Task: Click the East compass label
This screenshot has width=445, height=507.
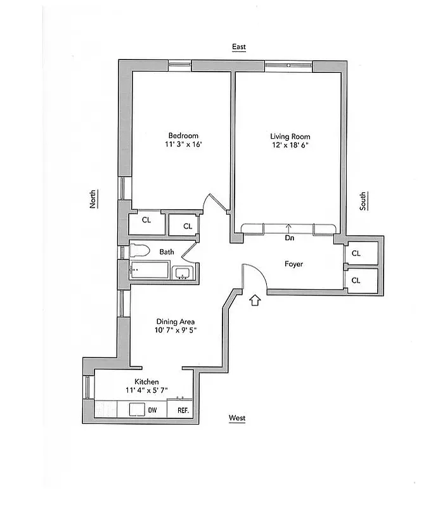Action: (x=238, y=47)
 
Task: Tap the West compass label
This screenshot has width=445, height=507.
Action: (x=237, y=418)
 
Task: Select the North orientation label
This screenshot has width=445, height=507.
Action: (x=93, y=199)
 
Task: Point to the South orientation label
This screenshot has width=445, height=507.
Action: (x=363, y=201)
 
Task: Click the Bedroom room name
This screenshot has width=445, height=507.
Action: (x=183, y=136)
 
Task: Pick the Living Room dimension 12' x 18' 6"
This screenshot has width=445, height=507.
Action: (x=290, y=145)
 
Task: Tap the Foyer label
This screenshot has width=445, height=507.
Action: (x=293, y=264)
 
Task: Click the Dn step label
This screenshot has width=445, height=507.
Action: (x=289, y=238)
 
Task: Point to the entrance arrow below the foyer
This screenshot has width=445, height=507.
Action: (x=256, y=300)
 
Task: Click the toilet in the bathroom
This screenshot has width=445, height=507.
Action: (x=140, y=251)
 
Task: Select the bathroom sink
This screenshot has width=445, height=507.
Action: (x=183, y=274)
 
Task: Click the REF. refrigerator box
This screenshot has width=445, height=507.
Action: (x=183, y=410)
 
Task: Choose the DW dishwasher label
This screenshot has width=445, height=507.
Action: (x=152, y=410)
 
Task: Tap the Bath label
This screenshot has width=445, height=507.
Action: (x=167, y=252)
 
